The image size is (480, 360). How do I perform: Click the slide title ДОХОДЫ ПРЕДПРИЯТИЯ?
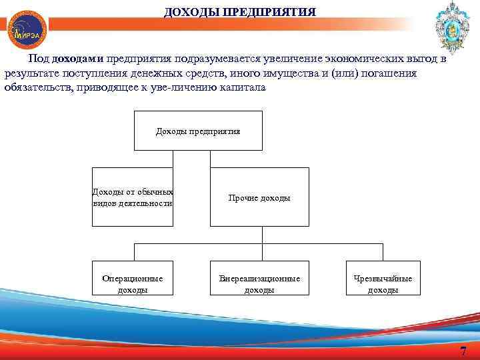(241, 12)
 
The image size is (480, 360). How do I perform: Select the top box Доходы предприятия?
(198, 131)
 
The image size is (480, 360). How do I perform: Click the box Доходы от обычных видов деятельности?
(132, 197)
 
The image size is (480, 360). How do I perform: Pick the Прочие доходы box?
(259, 197)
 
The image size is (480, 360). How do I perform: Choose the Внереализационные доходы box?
(259, 283)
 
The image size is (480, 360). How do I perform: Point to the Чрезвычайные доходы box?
(383, 283)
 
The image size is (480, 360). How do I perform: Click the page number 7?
(463, 351)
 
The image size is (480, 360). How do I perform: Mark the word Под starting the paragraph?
(38, 59)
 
